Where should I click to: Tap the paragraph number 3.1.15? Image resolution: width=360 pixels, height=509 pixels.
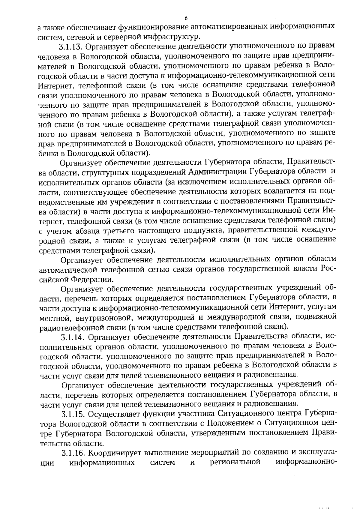73,415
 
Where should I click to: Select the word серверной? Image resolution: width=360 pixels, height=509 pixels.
130,37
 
